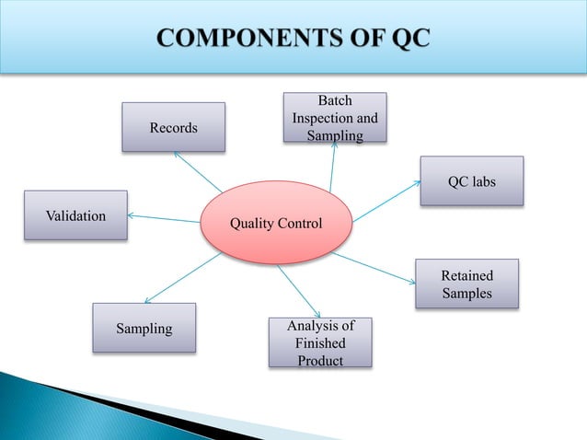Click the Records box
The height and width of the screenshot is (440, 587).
174,127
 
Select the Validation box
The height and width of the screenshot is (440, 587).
75,215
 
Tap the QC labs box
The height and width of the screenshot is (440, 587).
472,181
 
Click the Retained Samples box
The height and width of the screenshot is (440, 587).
466,284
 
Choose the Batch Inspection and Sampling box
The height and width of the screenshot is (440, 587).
334,118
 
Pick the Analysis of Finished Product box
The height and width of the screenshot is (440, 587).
320,342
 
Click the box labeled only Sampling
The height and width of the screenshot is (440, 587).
144,328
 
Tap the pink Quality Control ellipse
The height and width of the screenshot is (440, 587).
276,224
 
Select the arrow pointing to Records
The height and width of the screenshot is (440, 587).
198,172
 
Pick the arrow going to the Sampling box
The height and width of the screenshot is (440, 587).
181,278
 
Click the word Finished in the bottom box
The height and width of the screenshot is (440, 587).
320,342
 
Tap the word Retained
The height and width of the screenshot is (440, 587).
466,275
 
